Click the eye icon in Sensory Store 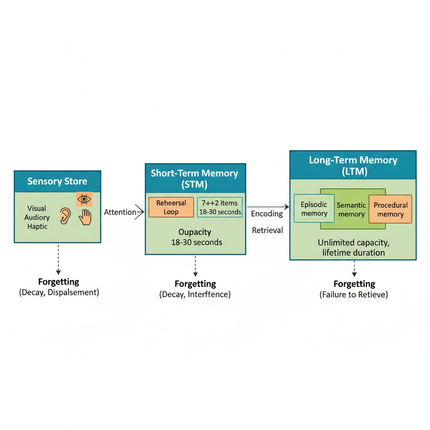point(84,199)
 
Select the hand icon point(86,217)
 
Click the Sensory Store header point(58,181)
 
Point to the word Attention point(120,212)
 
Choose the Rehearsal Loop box point(171,207)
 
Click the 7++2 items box point(220,207)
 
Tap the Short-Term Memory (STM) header point(195,178)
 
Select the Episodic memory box point(314,209)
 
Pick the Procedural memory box point(390,209)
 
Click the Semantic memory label point(351,210)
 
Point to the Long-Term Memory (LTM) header point(353,165)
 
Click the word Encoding point(267,214)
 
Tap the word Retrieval point(267,230)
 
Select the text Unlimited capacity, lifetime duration point(353,248)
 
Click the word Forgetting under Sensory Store point(58,282)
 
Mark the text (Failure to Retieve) point(354,295)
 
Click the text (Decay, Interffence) point(195,294)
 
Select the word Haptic point(37,226)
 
